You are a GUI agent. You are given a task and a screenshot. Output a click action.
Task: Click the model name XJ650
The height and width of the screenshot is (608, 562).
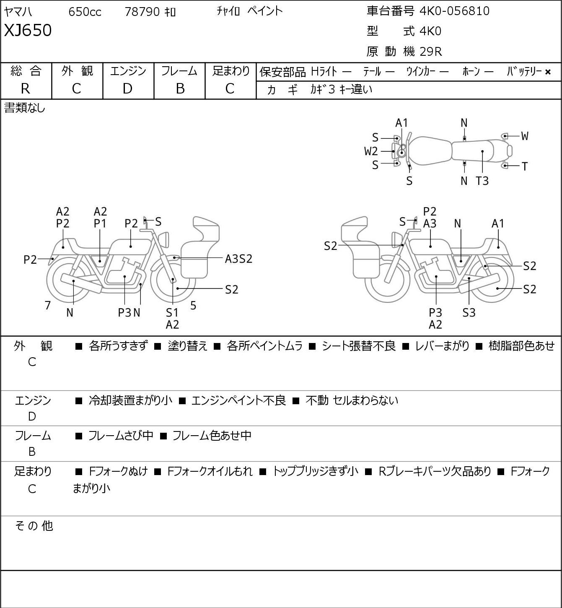click(28, 30)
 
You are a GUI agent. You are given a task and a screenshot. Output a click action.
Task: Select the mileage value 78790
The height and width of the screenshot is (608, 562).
click(142, 12)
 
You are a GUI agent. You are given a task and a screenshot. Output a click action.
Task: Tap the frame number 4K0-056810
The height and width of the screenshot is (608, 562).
click(455, 11)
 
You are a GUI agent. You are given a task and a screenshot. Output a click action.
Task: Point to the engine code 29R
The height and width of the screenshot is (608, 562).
click(431, 52)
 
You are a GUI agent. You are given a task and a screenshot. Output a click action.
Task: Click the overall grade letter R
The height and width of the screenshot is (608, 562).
click(26, 89)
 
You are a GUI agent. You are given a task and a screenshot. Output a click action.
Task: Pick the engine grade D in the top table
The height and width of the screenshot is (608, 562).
click(127, 89)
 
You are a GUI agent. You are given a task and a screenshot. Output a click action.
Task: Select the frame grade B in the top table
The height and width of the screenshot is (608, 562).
click(180, 89)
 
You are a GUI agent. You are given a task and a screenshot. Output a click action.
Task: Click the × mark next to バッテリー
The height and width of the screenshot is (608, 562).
click(548, 72)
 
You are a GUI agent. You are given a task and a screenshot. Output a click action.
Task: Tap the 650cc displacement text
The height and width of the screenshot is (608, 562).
click(85, 12)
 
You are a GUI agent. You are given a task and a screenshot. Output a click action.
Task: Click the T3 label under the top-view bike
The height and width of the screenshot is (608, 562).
click(482, 181)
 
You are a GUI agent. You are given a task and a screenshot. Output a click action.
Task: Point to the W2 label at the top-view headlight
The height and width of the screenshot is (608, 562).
click(371, 151)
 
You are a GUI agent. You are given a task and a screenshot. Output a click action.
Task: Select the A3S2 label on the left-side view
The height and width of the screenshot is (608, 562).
click(239, 259)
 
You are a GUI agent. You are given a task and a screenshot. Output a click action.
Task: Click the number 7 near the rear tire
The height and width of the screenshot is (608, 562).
click(47, 305)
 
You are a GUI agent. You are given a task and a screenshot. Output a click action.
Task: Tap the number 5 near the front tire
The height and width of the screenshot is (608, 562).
click(193, 305)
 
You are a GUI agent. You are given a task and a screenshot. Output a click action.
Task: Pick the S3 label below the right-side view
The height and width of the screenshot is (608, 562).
click(469, 312)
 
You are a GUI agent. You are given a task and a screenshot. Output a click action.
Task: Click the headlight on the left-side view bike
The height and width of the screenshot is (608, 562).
click(163, 240)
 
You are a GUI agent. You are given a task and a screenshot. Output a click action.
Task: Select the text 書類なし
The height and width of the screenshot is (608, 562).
click(24, 108)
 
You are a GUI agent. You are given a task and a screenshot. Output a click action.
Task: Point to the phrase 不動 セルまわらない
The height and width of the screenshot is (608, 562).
click(352, 400)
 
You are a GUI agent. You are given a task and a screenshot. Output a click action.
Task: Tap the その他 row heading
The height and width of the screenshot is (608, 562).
click(34, 526)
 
